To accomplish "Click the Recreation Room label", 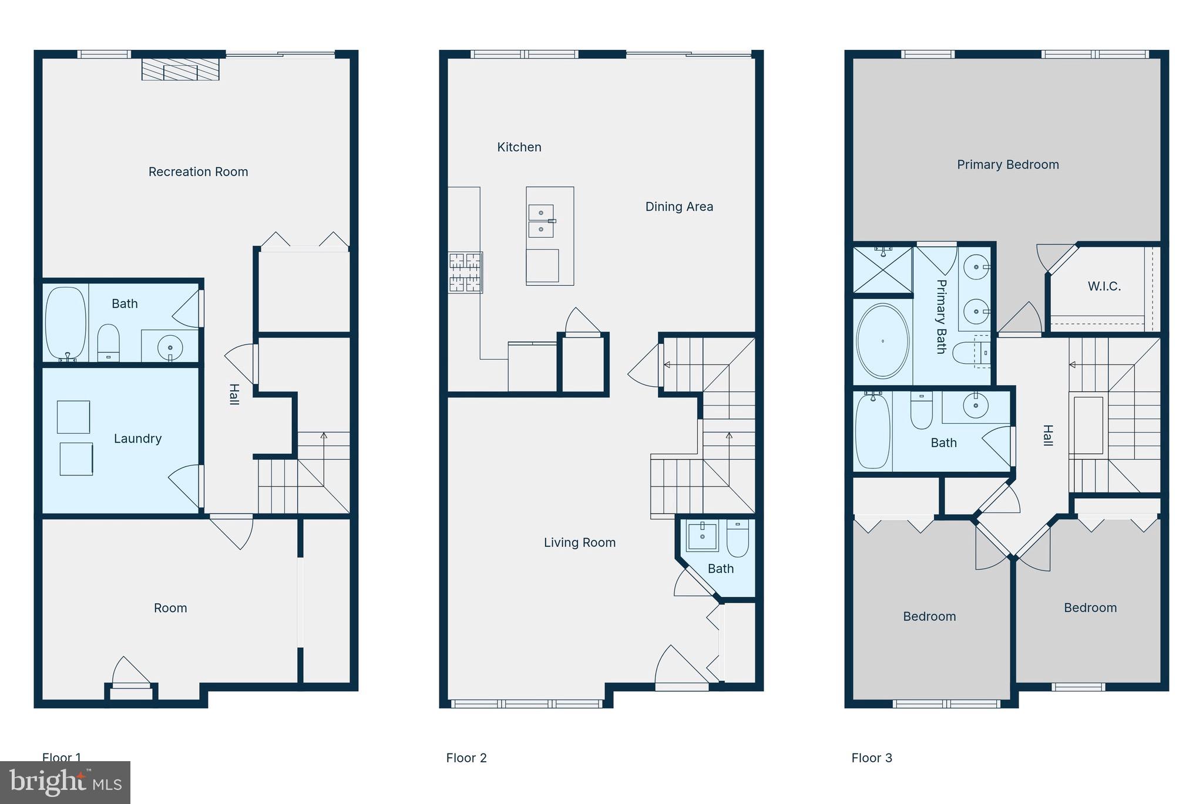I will point(198,172).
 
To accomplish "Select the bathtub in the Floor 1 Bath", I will point(65,322).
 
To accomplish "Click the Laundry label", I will point(137,438).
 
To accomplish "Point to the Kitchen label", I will point(519,147).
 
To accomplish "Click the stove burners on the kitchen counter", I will point(465,272).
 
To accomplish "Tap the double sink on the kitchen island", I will point(541,221).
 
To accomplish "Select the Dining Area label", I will point(679,207).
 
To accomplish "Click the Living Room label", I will point(579,543).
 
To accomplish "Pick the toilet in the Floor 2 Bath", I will point(737,539).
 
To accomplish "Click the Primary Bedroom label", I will point(1007,165).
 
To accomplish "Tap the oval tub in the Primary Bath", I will point(882,341).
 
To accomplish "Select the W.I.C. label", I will point(1104,286).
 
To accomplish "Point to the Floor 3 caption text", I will point(872,758).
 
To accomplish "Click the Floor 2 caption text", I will point(466,758).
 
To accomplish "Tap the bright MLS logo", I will point(65,782).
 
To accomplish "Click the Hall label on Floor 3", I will point(1047,435).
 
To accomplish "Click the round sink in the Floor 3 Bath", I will point(975,406).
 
